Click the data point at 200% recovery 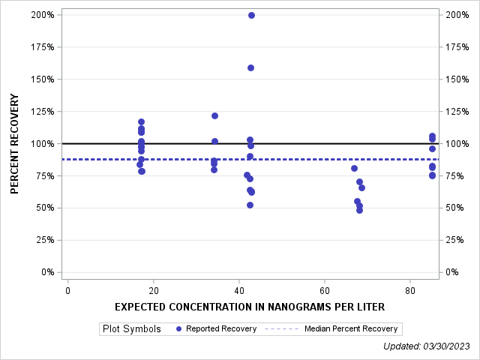point(251,15)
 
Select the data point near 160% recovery point(250,67)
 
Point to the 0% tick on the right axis point(454,272)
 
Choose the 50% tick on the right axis point(457,208)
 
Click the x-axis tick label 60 point(324,290)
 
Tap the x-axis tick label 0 point(67,290)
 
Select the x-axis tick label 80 point(409,290)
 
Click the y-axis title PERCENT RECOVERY point(15,144)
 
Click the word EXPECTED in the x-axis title point(141,307)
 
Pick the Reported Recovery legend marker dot point(178,328)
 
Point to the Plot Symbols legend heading point(131,328)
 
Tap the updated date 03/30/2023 point(448,346)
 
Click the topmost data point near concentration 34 point(214,115)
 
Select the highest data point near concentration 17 point(141,121)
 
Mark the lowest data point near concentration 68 point(359,210)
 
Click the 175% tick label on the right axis point(457,47)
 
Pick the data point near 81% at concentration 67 point(354,168)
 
